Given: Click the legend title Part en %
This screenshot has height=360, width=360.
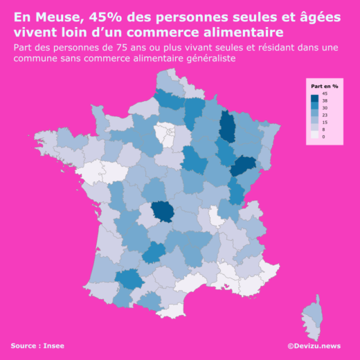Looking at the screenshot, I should point(324,86).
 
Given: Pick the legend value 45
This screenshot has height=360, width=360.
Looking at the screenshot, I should point(325,93).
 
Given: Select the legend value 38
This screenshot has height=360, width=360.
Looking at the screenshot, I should point(325,101).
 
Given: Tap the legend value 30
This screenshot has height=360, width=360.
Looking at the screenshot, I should point(325,108).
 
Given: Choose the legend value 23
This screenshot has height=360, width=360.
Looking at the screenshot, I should point(325,115).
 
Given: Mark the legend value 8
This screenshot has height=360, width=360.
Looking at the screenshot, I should point(324,129).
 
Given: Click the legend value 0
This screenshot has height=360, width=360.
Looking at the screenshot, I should point(324,136).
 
